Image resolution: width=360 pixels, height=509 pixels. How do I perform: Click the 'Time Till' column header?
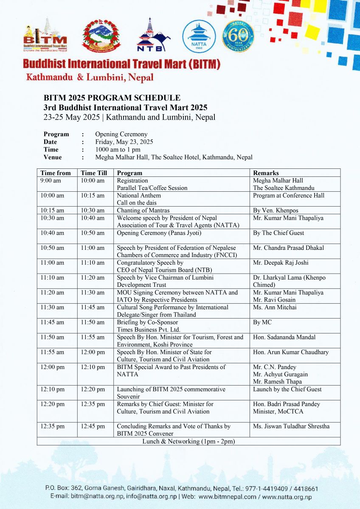(x=94, y=173)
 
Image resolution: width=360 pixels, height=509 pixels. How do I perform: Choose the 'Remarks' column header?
(x=266, y=173)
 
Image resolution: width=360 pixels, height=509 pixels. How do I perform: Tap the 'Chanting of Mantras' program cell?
(x=143, y=210)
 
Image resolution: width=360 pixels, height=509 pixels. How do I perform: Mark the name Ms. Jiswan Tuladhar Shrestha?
(x=291, y=426)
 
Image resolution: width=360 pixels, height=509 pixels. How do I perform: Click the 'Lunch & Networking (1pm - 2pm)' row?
(x=188, y=441)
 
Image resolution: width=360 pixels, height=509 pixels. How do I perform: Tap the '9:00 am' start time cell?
(x=51, y=181)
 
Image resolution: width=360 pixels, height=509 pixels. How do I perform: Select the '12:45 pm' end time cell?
(x=93, y=426)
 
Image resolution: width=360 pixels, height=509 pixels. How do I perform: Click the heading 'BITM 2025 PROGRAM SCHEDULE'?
(x=112, y=98)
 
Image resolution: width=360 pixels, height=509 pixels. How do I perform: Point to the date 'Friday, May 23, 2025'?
(x=124, y=142)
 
